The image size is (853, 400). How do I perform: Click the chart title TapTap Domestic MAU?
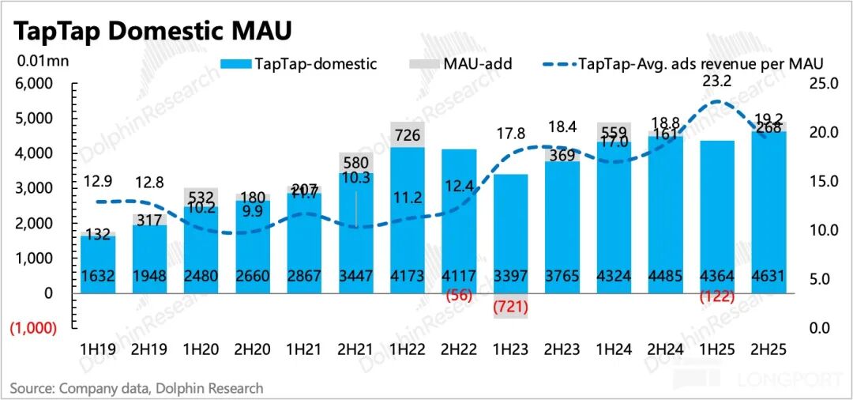point(151,31)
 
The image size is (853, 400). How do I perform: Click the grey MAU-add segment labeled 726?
point(408,134)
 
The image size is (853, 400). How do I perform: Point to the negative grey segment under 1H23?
point(510,306)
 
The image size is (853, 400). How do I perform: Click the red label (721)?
point(510,307)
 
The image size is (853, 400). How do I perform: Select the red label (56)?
point(458,296)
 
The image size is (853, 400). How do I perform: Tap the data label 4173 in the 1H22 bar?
point(408,277)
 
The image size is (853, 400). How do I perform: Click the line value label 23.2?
point(716,80)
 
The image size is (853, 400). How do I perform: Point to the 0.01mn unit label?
point(36,61)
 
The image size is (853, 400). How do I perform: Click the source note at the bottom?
point(137,388)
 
